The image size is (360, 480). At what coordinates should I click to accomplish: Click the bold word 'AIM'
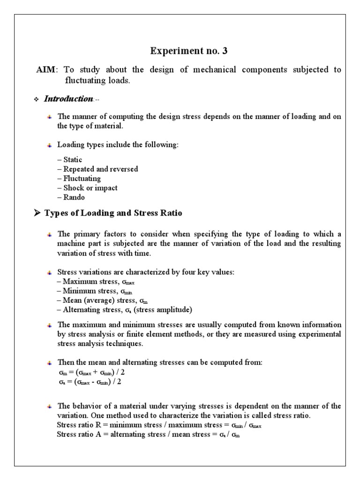pyautogui.click(x=46, y=70)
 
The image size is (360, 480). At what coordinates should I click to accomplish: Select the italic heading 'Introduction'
pyautogui.click(x=68, y=99)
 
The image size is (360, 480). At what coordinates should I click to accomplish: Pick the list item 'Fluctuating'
pyautogui.click(x=79, y=179)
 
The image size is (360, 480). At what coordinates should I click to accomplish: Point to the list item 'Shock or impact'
pyautogui.click(x=87, y=188)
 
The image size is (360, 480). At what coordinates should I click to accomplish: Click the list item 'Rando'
pyautogui.click(x=71, y=197)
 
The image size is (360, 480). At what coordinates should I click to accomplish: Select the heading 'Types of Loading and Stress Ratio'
pyautogui.click(x=113, y=213)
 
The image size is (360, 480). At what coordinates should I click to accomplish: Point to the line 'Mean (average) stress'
pyautogui.click(x=97, y=300)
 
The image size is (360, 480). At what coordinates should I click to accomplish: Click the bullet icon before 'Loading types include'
pyautogui.click(x=50, y=146)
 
